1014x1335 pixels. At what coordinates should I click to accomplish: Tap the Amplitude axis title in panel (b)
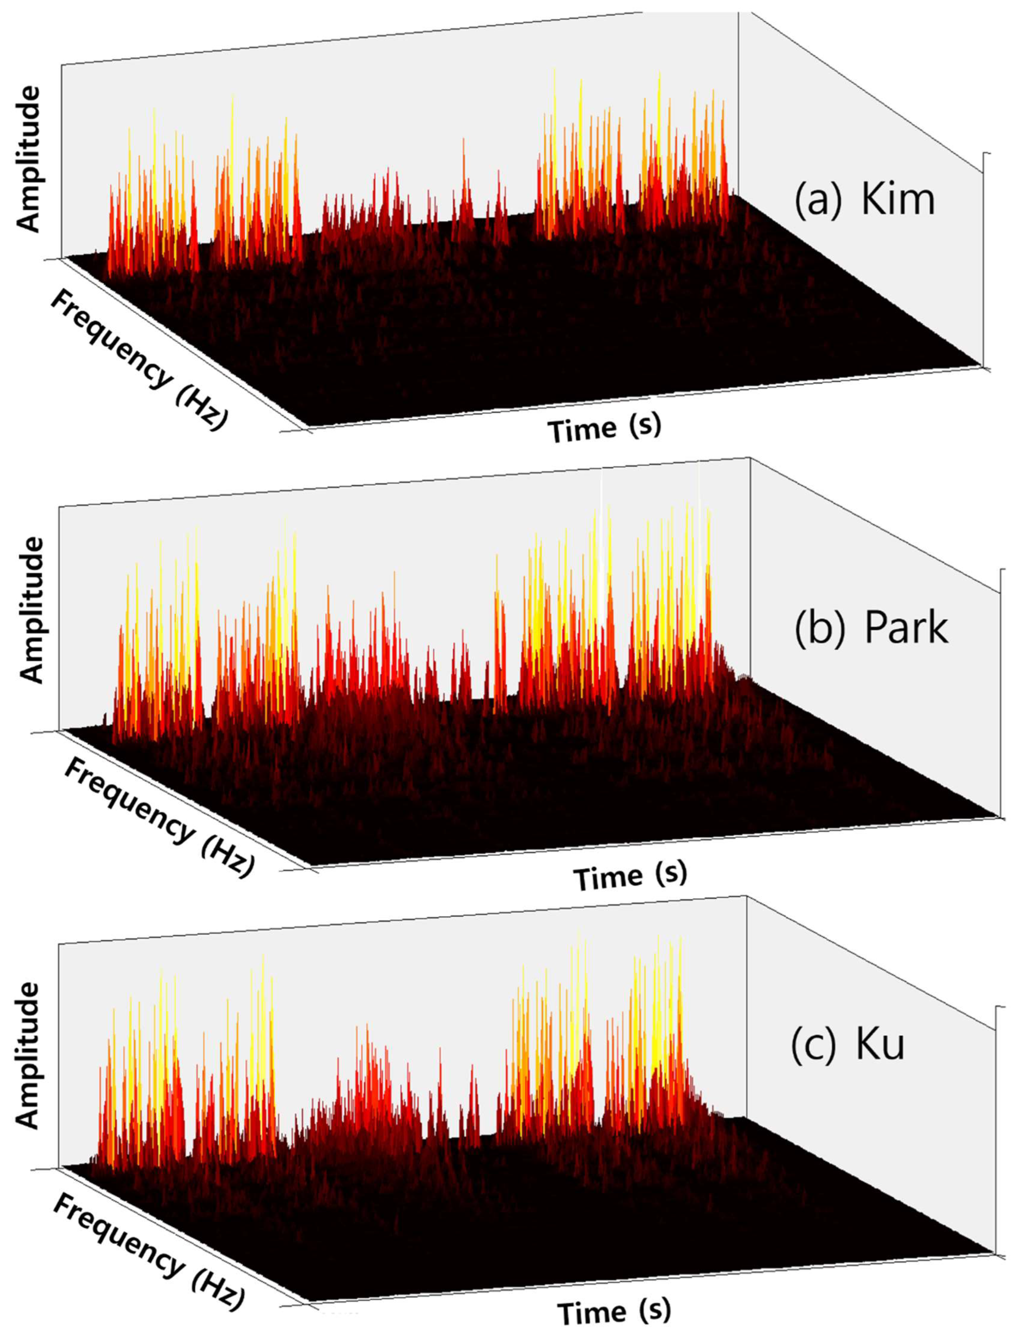[x=31, y=610]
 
